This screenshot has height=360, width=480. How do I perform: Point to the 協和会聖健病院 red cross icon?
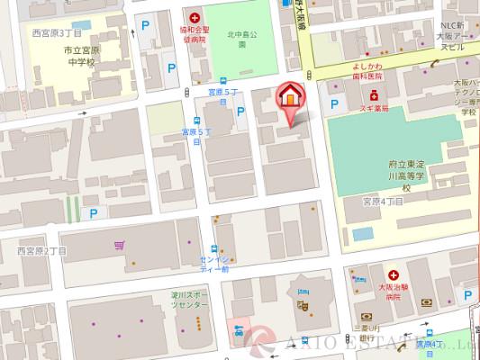click(x=194, y=17)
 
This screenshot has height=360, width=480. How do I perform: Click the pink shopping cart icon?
click(x=119, y=245)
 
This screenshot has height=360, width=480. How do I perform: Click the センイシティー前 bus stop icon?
click(x=213, y=250)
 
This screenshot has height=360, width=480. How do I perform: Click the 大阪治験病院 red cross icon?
click(x=393, y=275)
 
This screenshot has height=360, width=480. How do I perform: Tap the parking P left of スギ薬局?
click(x=336, y=105)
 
